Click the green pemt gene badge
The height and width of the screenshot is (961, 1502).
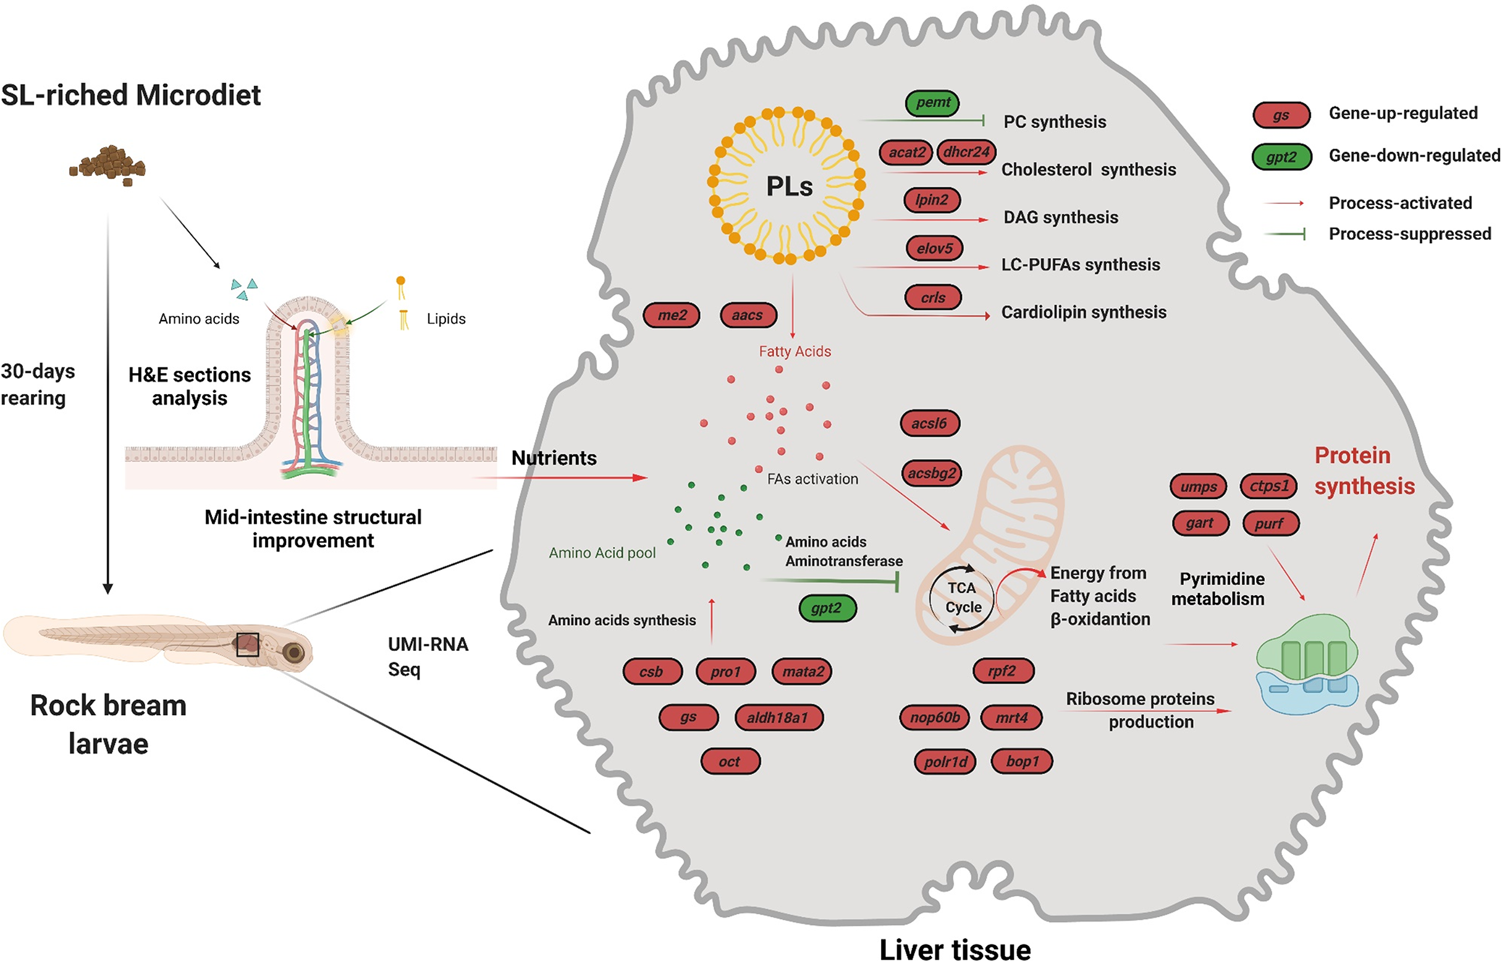(933, 103)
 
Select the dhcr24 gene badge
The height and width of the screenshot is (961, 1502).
(966, 152)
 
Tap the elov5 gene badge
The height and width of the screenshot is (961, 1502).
(934, 248)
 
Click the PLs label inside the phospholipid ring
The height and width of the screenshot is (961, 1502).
(789, 186)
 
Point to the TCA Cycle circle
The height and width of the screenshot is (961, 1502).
(962, 598)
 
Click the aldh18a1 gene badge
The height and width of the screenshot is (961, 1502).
(777, 718)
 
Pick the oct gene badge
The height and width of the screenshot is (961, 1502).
(730, 762)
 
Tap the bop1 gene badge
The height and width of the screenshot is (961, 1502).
(1022, 762)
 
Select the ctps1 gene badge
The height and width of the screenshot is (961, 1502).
(1268, 486)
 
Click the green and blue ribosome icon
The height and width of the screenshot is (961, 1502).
(1307, 664)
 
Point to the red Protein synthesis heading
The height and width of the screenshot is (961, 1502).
(1365, 471)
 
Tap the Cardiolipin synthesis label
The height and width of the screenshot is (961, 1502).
(1084, 312)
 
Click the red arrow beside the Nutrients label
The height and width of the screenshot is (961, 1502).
(560, 478)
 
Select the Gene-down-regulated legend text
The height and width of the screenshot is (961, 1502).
(1415, 156)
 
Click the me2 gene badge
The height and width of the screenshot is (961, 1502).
(671, 315)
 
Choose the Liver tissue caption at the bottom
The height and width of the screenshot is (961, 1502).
(955, 949)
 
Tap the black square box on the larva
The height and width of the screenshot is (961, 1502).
(248, 645)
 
